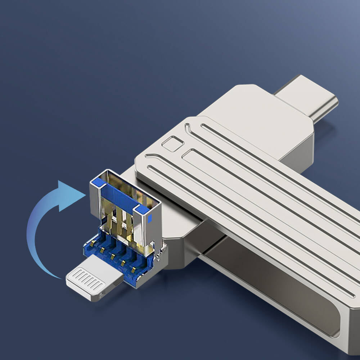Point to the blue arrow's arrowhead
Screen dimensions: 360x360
(70, 195)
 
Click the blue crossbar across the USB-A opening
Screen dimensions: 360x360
(119, 196)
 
